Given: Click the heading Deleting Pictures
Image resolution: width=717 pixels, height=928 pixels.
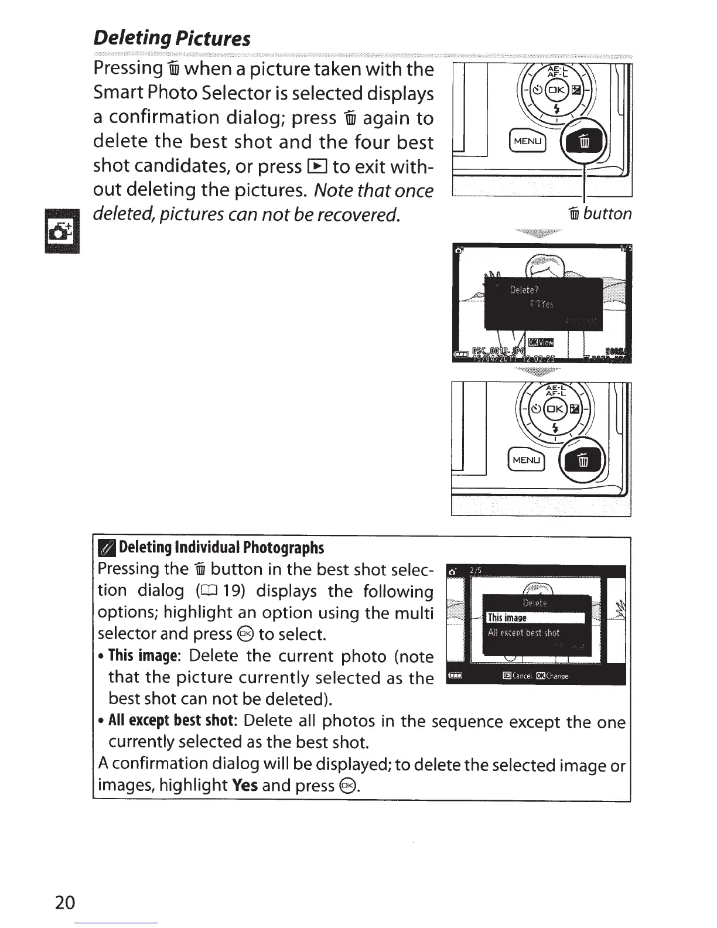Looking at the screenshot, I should [x=172, y=39].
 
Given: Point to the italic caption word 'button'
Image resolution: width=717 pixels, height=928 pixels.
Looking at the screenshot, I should [x=607, y=214].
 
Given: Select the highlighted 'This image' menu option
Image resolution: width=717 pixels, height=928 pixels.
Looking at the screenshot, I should [x=535, y=618].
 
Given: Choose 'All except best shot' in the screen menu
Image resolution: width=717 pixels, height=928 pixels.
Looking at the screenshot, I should [x=524, y=633].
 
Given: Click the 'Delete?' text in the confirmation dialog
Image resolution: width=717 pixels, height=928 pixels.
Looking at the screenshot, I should [x=524, y=290].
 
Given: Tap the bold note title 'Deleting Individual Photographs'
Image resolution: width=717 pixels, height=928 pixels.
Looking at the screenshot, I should [x=221, y=548].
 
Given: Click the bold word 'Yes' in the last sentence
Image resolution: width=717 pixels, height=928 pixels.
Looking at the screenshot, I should [x=245, y=784].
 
